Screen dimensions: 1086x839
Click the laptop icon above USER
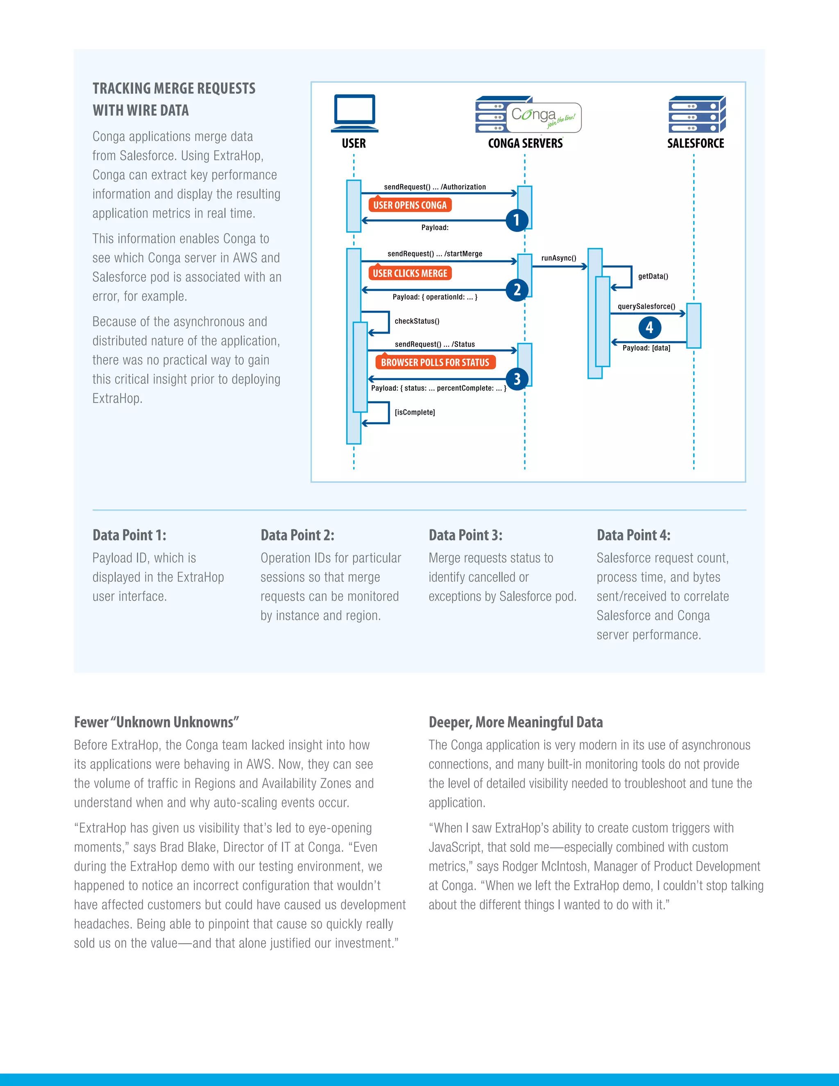pos(354,112)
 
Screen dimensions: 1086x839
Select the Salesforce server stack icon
pos(696,114)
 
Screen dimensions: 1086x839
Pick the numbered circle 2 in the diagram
pos(517,290)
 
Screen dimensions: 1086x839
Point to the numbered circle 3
pos(517,379)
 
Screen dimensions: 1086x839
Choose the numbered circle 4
pos(649,328)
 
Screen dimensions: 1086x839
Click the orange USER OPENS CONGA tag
pos(410,205)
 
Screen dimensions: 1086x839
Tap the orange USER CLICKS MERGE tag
pos(410,273)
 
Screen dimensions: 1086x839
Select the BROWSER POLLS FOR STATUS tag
pos(435,363)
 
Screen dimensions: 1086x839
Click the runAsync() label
pos(559,258)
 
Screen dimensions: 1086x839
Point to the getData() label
pos(653,277)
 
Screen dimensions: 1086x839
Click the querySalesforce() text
pos(646,306)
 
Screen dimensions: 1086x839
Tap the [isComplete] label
pos(415,412)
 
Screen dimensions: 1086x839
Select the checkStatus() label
pos(417,321)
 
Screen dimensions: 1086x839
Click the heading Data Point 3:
pos(465,535)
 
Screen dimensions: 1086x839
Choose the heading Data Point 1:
pos(129,535)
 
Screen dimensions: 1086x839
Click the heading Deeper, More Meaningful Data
pos(515,722)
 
